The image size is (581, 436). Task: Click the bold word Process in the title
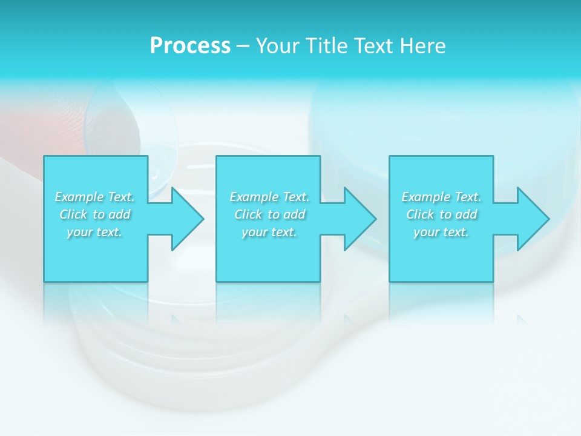(x=190, y=46)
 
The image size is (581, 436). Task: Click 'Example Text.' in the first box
(x=95, y=197)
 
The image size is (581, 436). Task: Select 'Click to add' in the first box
(x=95, y=214)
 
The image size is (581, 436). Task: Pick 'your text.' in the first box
(x=95, y=232)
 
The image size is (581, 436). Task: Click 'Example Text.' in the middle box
(x=269, y=197)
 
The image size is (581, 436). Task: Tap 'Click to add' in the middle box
(x=269, y=214)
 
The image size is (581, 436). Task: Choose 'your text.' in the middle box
(x=269, y=232)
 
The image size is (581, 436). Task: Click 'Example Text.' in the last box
(x=441, y=197)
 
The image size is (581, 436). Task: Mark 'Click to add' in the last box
(x=441, y=214)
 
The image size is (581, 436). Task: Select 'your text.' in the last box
(x=441, y=232)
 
